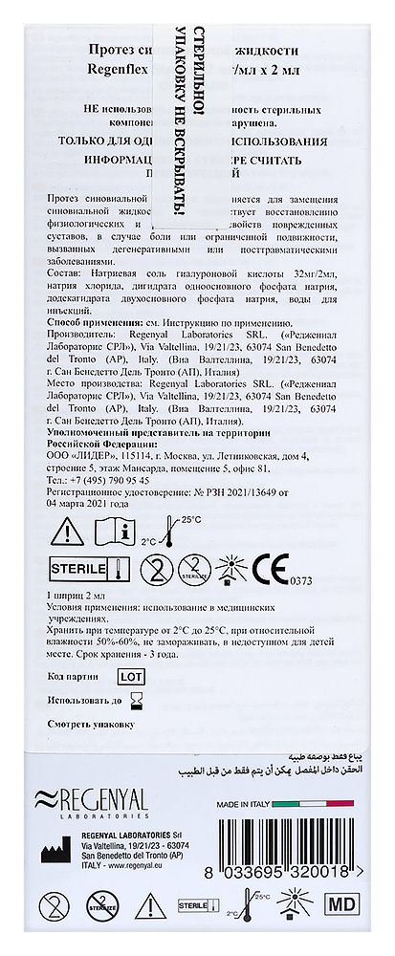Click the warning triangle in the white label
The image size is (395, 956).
point(69,530)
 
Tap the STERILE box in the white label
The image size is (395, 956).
point(77,571)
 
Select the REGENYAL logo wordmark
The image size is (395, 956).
point(92,796)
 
